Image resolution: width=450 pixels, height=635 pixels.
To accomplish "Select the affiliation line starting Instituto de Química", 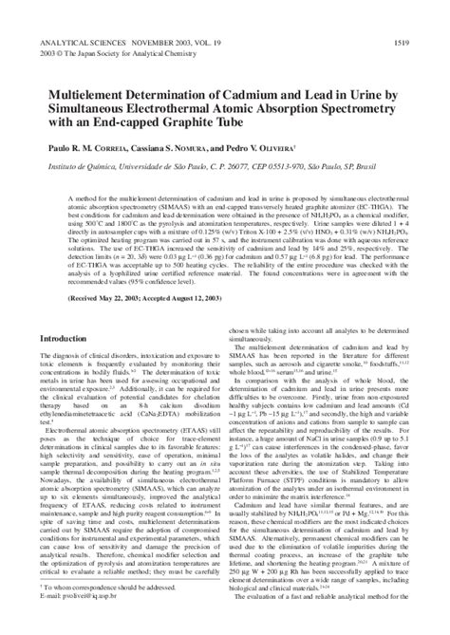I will (x=199, y=163).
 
